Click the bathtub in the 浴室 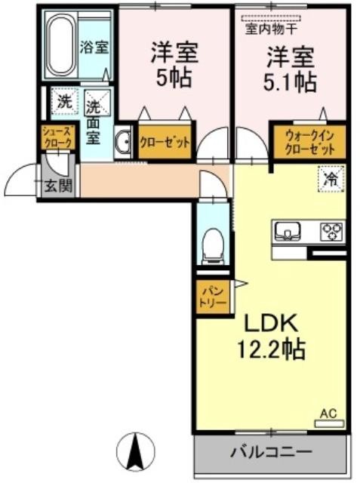click(x=61, y=45)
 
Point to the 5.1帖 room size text click(x=290, y=82)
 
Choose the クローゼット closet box click(x=165, y=143)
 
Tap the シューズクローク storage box click(x=59, y=137)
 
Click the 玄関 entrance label click(x=59, y=186)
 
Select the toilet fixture click(x=213, y=246)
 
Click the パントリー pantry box click(x=213, y=297)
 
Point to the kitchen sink click(x=288, y=230)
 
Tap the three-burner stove click(x=331, y=231)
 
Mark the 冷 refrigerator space click(x=331, y=179)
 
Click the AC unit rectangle click(x=329, y=424)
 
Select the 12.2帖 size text click(x=271, y=349)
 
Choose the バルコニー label click(x=271, y=452)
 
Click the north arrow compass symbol click(x=136, y=451)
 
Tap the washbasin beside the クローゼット click(x=123, y=143)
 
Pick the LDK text click(x=271, y=323)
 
